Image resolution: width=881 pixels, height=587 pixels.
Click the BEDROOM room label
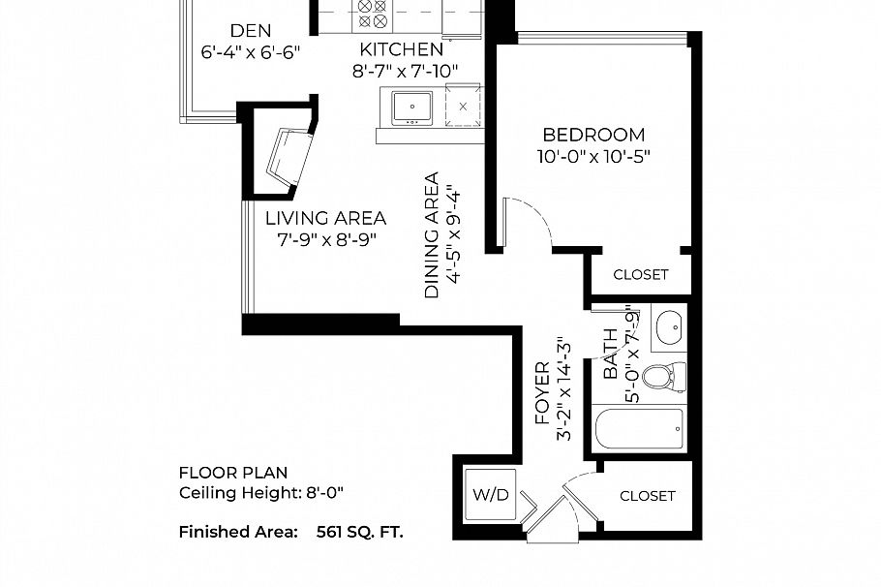593,135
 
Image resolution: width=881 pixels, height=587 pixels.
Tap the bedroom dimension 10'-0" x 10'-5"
593,156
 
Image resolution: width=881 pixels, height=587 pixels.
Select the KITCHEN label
402,49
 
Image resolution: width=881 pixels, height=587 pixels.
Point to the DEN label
251,30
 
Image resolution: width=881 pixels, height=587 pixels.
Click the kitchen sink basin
412,107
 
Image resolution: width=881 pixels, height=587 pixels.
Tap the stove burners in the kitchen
373,15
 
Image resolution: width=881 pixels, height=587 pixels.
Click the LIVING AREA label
326,218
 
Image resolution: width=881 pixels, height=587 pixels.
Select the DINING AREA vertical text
432,235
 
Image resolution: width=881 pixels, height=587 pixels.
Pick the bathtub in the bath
639,428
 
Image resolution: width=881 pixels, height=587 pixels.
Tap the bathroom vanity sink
669,326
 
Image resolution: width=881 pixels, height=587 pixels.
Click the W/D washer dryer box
491,495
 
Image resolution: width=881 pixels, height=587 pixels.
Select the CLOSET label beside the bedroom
641,275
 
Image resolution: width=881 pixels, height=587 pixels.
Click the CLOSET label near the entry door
648,496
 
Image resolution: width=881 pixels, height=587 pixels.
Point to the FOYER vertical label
542,393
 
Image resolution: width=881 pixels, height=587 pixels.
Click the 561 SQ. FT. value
359,532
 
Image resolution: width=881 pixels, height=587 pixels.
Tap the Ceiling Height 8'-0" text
260,493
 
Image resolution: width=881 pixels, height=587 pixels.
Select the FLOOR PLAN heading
233,473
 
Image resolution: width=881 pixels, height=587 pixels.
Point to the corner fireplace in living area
289,159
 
